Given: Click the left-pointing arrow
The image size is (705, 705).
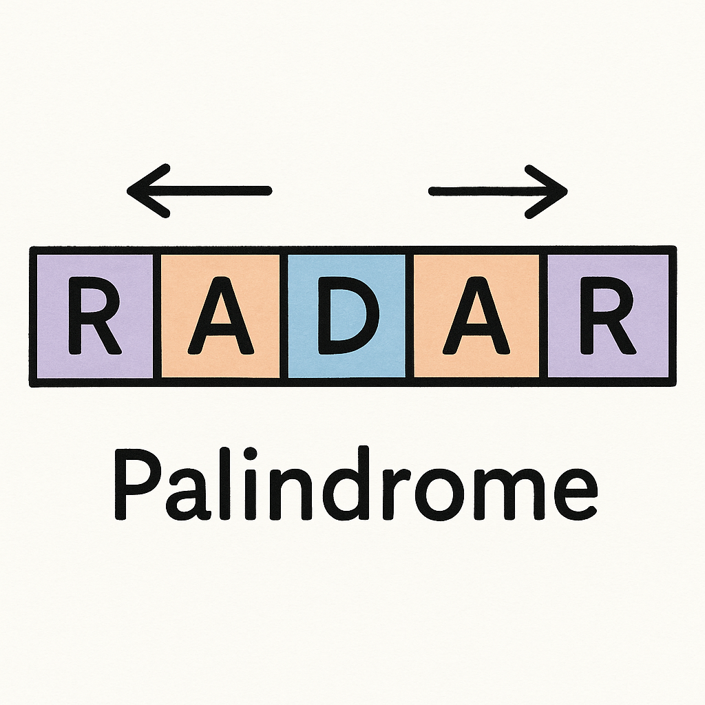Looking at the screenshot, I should tap(200, 191).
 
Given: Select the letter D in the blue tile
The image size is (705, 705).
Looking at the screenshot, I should tap(346, 316).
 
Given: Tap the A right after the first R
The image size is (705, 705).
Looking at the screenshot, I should tap(220, 316).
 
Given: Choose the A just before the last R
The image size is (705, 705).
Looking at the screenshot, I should tap(476, 316).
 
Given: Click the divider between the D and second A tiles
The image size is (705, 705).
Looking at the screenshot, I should tap(410, 316).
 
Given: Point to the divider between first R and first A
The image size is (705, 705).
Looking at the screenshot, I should tap(157, 316).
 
